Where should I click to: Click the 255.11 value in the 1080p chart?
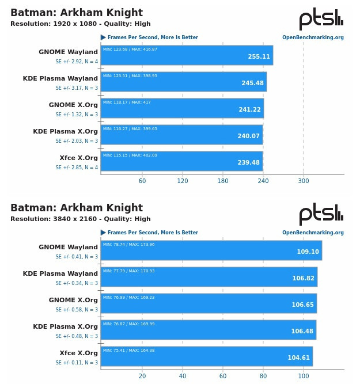point(259,57)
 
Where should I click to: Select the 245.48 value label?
point(252,83)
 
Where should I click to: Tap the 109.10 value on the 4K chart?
point(308,252)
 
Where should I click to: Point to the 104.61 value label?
point(299,358)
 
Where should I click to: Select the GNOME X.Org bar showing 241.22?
point(182,108)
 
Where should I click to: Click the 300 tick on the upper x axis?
point(304,181)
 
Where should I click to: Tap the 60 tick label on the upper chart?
point(142,181)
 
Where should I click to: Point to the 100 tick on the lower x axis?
point(304,376)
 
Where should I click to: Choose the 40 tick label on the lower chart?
point(183,376)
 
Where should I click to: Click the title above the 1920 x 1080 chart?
point(77,13)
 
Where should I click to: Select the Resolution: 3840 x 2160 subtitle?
point(81,219)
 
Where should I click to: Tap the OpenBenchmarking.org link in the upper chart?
point(313,38)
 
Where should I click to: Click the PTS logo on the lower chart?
point(321,214)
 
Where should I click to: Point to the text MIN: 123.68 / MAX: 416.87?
point(130,50)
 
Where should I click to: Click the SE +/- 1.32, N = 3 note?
point(77,115)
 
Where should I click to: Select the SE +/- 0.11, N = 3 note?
point(77,363)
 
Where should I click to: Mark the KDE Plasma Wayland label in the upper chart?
point(60,78)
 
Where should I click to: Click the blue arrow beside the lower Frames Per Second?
point(103,233)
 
